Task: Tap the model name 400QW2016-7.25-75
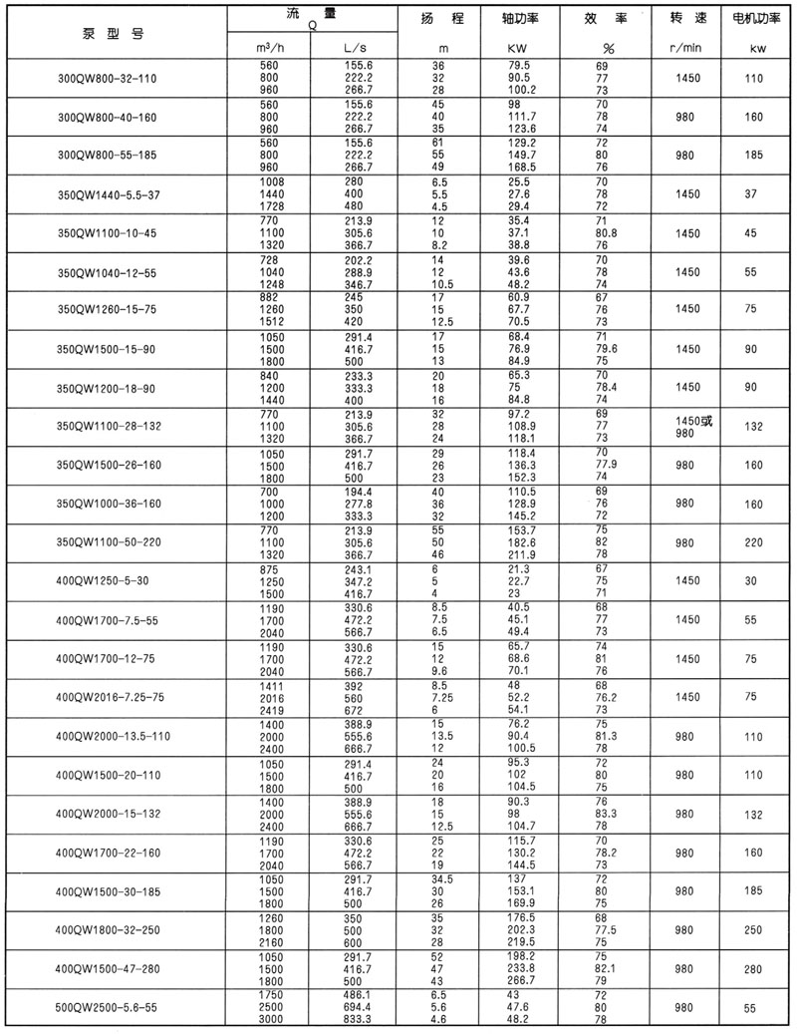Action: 112,698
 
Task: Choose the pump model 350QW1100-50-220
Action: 112,542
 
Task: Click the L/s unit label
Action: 356,48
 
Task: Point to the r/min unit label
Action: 685,48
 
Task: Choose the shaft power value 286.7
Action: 523,981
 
